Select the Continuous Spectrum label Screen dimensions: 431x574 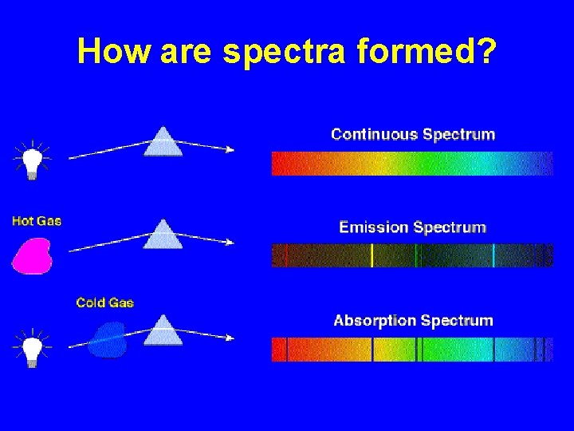click(413, 134)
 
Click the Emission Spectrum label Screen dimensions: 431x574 click(412, 227)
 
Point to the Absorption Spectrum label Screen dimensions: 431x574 click(413, 321)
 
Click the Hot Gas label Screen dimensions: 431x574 click(37, 220)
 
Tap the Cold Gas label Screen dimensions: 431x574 click(104, 302)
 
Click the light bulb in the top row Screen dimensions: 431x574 click(31, 161)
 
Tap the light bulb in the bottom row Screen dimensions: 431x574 click(31, 350)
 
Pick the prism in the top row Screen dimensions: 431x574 click(163, 142)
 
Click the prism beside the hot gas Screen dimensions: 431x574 click(163, 235)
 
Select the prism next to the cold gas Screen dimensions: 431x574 click(163, 330)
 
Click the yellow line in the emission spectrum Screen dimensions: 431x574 click(372, 255)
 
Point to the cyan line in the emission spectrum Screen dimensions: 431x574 click(493, 255)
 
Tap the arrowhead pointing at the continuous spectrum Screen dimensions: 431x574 click(230, 149)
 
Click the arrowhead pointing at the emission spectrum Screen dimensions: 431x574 click(230, 243)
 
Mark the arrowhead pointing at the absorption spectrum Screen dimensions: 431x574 click(230, 338)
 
